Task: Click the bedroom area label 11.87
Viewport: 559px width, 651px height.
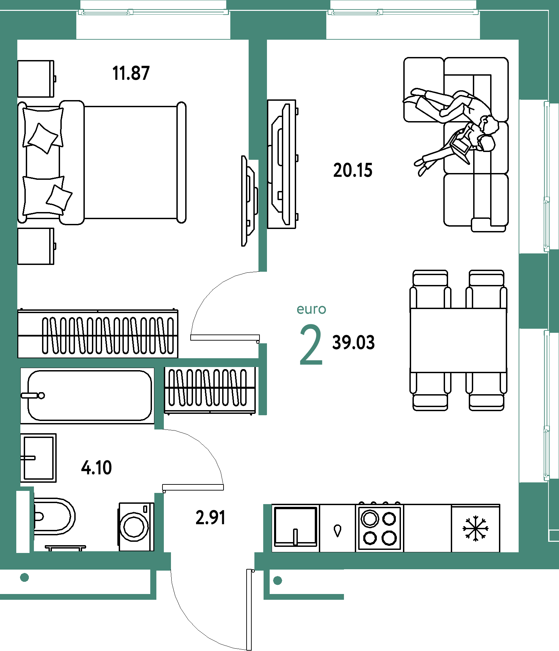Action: [x=131, y=73]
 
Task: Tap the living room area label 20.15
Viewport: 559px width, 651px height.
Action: [x=353, y=170]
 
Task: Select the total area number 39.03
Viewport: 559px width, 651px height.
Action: [x=353, y=342]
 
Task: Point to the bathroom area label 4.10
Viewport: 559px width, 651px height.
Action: [x=96, y=468]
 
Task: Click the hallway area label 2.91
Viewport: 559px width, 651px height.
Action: [x=210, y=518]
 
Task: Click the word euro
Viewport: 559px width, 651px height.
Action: [x=311, y=309]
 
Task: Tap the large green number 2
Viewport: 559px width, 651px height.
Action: [x=311, y=345]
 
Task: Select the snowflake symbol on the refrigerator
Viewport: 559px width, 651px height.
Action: [x=476, y=529]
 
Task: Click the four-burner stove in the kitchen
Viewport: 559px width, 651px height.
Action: [x=380, y=528]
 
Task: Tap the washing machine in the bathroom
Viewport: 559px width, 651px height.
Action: [x=136, y=526]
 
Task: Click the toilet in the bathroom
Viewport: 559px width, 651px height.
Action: [x=54, y=516]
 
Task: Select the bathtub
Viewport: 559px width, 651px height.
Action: [x=87, y=396]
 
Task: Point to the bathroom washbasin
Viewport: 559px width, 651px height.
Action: [x=38, y=458]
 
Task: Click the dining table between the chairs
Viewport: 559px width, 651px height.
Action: [x=458, y=340]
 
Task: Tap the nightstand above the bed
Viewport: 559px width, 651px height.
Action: [x=36, y=79]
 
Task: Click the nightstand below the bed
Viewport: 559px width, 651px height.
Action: [x=36, y=246]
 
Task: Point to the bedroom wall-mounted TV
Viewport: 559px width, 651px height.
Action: [x=249, y=201]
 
